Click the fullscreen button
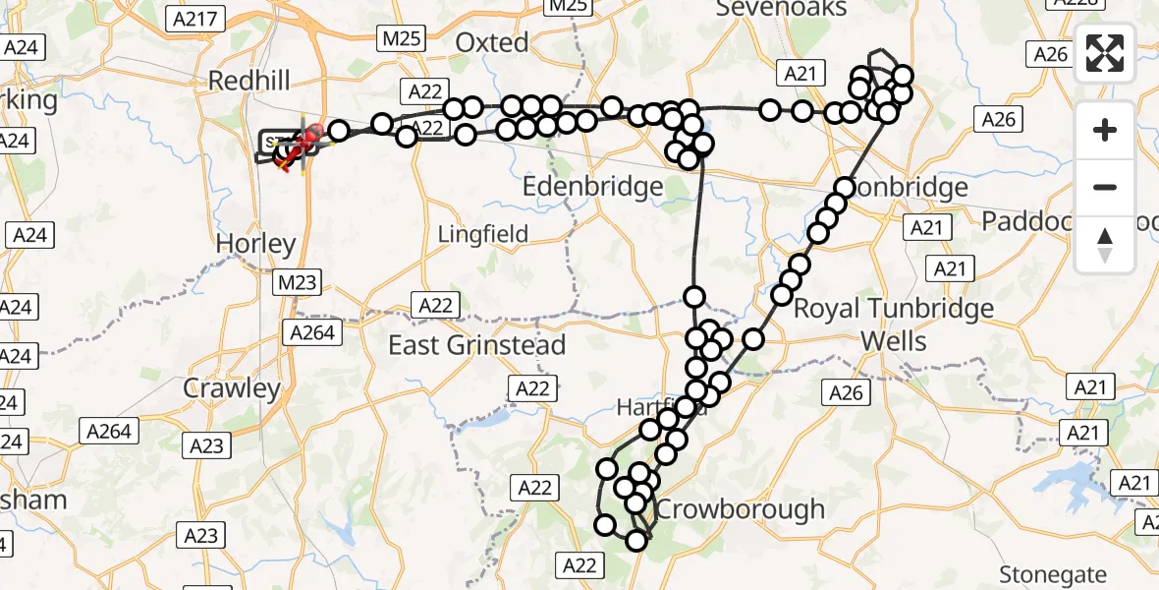tap(1105, 53)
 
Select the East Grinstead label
tap(477, 345)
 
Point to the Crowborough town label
tap(741, 509)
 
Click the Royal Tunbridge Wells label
tap(893, 324)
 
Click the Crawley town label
tap(232, 388)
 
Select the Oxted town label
tap(492, 42)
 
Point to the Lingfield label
tap(483, 234)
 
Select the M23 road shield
tap(297, 284)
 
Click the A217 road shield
tap(197, 19)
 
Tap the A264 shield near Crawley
tap(313, 332)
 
